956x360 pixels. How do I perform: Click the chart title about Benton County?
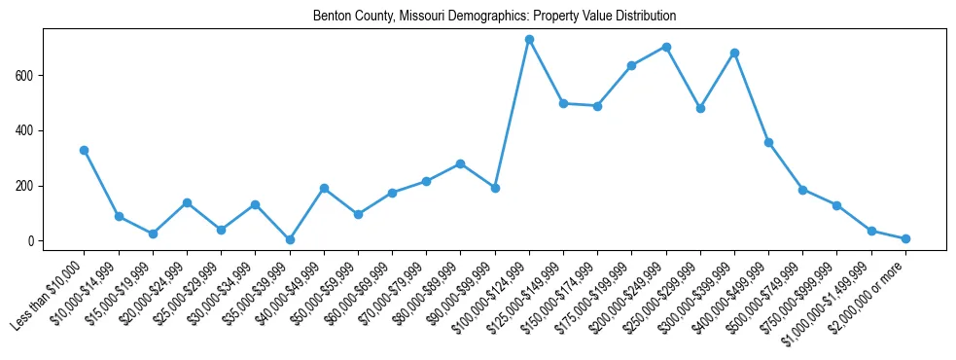coord(494,17)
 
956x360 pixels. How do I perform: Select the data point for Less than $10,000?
coord(84,150)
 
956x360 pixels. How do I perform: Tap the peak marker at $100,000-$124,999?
coord(529,40)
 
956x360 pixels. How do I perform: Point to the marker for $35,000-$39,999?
coord(290,239)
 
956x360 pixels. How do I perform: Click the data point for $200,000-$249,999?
coord(666,47)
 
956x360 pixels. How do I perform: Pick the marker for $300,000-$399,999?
coord(734,53)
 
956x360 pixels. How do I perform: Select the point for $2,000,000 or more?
coord(905,238)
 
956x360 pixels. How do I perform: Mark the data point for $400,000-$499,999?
coord(768,142)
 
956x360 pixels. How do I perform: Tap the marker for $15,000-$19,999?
coord(153,234)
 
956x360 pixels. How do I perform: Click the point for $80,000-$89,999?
coord(460,163)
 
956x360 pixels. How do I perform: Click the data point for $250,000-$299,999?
coord(700,108)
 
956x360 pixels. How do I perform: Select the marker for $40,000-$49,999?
coord(324,188)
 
